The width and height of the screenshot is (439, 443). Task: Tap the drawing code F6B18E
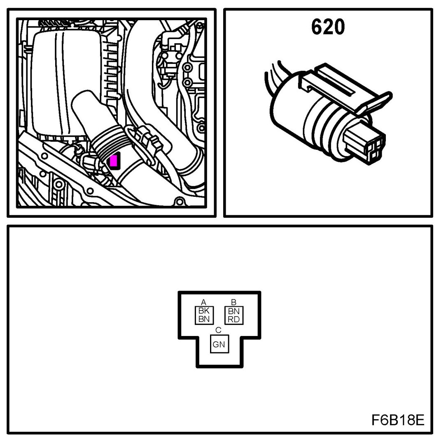pyautogui.click(x=397, y=420)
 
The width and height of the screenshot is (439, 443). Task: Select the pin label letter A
pyautogui.click(x=203, y=302)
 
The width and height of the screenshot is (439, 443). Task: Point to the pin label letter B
pyautogui.click(x=234, y=302)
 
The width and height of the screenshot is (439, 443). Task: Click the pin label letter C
pyautogui.click(x=218, y=330)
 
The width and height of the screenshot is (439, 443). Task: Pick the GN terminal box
pyautogui.click(x=219, y=345)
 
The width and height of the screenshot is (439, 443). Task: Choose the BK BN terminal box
pyautogui.click(x=203, y=315)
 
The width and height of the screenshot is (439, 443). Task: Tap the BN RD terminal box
pyautogui.click(x=234, y=315)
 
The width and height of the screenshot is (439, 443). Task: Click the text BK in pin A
pyautogui.click(x=203, y=311)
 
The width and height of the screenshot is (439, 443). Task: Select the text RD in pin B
pyautogui.click(x=234, y=319)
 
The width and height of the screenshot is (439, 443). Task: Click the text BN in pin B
pyautogui.click(x=234, y=311)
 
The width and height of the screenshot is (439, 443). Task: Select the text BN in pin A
pyautogui.click(x=203, y=319)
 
